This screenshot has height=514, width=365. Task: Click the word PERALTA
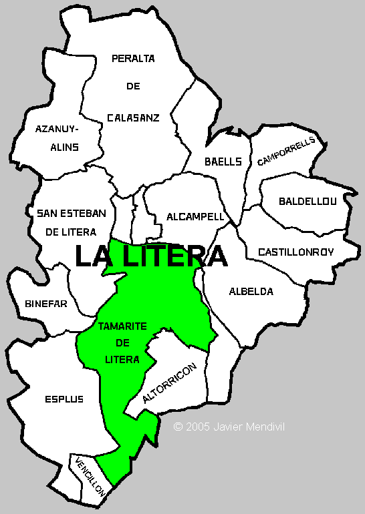click(x=133, y=58)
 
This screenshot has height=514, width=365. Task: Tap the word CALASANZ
click(x=133, y=118)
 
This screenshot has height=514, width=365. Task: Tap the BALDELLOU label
click(x=308, y=200)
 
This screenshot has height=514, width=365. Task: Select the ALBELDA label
click(x=251, y=292)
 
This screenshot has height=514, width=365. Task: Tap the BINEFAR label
click(x=46, y=304)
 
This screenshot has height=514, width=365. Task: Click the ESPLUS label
click(x=64, y=399)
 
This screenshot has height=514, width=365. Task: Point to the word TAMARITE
click(x=122, y=326)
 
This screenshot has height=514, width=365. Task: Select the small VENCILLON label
click(x=90, y=476)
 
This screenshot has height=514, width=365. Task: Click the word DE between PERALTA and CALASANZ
click(x=133, y=87)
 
